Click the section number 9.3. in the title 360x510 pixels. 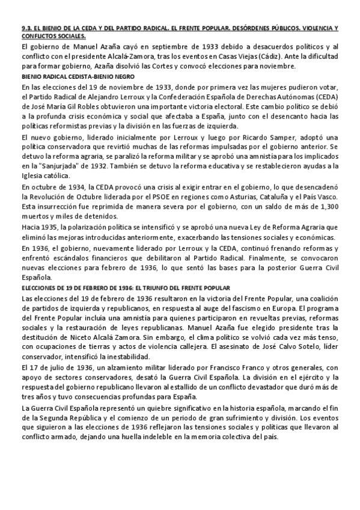point(26,29)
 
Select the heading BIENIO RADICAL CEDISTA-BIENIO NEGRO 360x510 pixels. point(78,76)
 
